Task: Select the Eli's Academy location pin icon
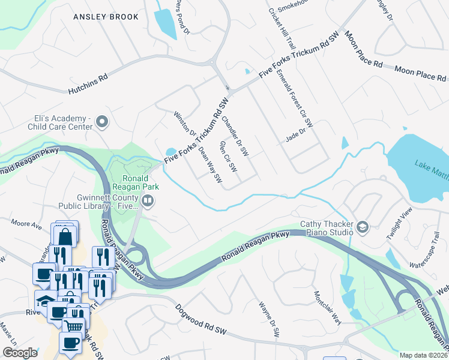(101, 123)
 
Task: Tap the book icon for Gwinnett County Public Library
(147, 201)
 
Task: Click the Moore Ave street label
(26, 224)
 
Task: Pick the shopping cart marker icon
(74, 325)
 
